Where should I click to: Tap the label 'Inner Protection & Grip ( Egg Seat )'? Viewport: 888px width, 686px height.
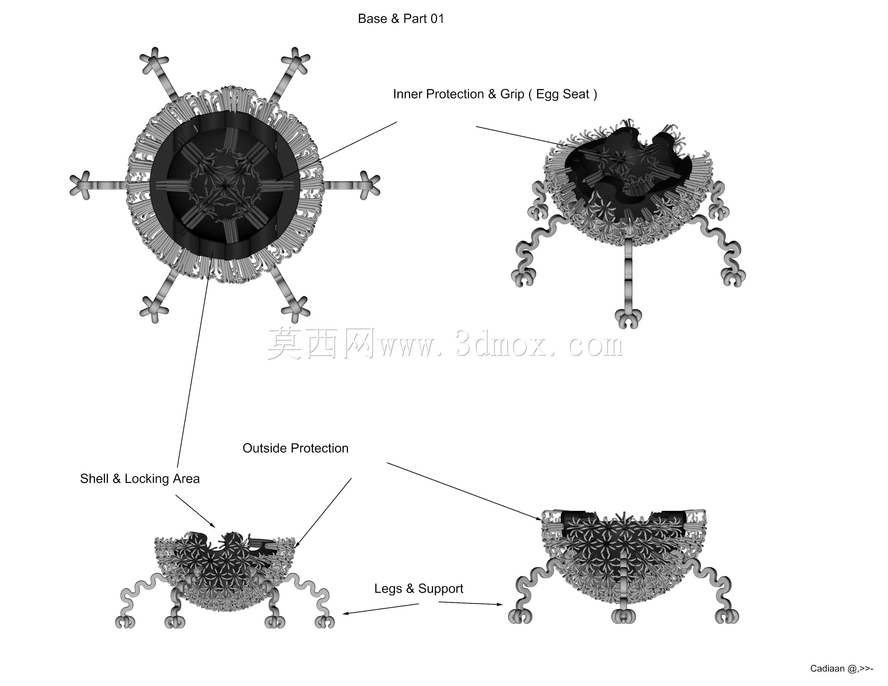tap(495, 94)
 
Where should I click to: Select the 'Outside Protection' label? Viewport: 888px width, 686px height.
tap(295, 448)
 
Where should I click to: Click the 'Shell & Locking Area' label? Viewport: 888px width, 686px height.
tap(140, 479)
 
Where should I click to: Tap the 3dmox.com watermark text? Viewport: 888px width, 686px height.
tap(445, 345)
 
